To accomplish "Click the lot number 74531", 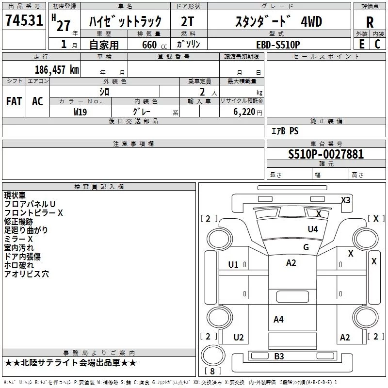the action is (24, 20).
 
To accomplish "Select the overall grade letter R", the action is (370, 22).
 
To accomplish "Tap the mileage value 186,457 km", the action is (57, 69).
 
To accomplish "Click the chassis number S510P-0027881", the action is (326, 154).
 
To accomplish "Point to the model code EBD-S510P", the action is (278, 45).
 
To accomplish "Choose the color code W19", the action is (80, 112).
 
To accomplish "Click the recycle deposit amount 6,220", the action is (244, 112).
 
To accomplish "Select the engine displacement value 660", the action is (149, 45).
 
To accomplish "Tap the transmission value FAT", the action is (14, 101).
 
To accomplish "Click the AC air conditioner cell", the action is (38, 101).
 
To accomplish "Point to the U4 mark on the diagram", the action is (313, 229).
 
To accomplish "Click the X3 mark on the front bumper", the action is (346, 200).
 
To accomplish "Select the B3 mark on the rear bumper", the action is (279, 356).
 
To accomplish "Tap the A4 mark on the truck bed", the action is (278, 320).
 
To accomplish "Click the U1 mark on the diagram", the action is (233, 265).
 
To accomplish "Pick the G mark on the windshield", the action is (306, 247).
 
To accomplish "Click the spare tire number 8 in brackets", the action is (212, 371).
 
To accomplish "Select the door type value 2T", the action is (187, 21).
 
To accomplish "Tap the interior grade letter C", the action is (377, 44).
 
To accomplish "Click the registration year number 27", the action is (64, 26).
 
